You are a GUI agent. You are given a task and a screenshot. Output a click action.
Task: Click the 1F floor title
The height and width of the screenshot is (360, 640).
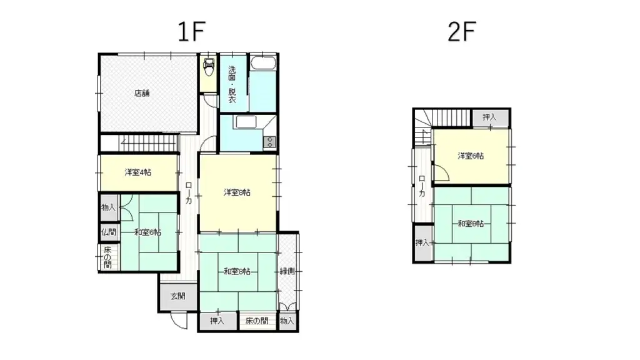coord(191,31)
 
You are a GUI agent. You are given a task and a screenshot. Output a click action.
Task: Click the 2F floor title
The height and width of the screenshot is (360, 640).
coord(462,31)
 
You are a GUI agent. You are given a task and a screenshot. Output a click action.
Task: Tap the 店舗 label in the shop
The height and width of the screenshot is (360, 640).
coord(142,94)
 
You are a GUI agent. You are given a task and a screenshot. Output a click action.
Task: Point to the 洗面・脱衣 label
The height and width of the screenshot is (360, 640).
coord(232,85)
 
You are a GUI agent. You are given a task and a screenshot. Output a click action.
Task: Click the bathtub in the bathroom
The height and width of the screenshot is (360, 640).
coord(263,64)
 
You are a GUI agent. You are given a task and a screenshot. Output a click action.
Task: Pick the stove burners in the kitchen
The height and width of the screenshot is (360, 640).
coord(270,141)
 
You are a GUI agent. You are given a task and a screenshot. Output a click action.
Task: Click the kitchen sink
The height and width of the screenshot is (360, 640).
coord(244,122)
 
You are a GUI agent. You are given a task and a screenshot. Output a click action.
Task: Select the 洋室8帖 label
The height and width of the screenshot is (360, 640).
coord(237,192)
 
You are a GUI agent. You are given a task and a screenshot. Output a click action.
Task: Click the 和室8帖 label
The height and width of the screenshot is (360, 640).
coord(237,271)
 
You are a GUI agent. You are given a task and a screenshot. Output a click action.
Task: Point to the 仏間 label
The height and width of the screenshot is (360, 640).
coord(108,232)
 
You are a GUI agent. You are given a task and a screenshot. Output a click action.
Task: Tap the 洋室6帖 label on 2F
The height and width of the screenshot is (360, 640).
coord(471,156)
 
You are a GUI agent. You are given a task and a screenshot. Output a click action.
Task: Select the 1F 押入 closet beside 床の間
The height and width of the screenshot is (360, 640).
coord(217,321)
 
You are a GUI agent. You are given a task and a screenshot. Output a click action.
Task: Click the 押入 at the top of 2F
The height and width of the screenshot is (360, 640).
coord(490,117)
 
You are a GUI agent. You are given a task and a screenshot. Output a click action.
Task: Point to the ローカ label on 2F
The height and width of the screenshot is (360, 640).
coord(422,187)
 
